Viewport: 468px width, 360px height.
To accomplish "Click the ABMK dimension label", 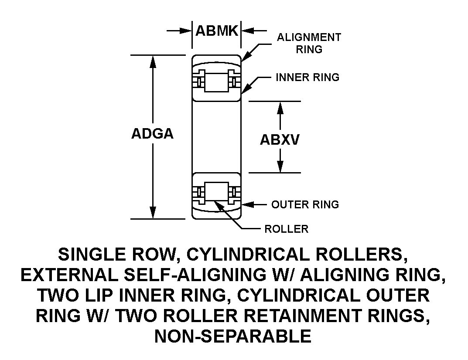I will (217, 31).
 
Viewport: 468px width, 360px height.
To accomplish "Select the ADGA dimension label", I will (152, 134).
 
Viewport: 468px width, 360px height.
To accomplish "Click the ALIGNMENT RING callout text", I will (309, 43).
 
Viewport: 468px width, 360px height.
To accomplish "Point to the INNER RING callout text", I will (307, 78).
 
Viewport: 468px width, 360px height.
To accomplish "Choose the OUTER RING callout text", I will (305, 204).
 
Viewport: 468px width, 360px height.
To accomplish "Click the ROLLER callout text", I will (287, 229).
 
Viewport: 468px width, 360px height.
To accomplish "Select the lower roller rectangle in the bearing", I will (217, 192).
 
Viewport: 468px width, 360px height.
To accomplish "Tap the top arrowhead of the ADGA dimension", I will (153, 61).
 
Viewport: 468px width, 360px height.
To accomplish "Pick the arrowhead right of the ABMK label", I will (247, 31).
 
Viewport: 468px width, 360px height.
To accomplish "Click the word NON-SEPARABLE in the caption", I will (233, 336).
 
